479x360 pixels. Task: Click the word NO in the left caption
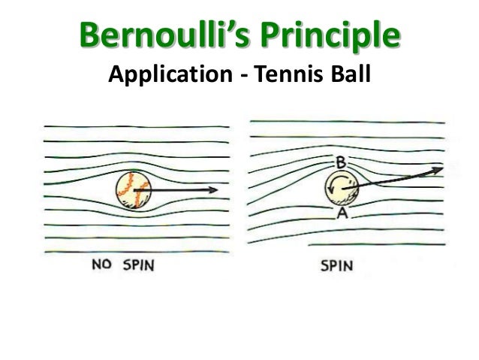(101, 265)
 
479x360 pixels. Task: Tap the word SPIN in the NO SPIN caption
(135, 265)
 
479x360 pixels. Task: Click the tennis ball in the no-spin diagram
(134, 191)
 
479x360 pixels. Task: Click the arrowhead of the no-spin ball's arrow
(215, 191)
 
